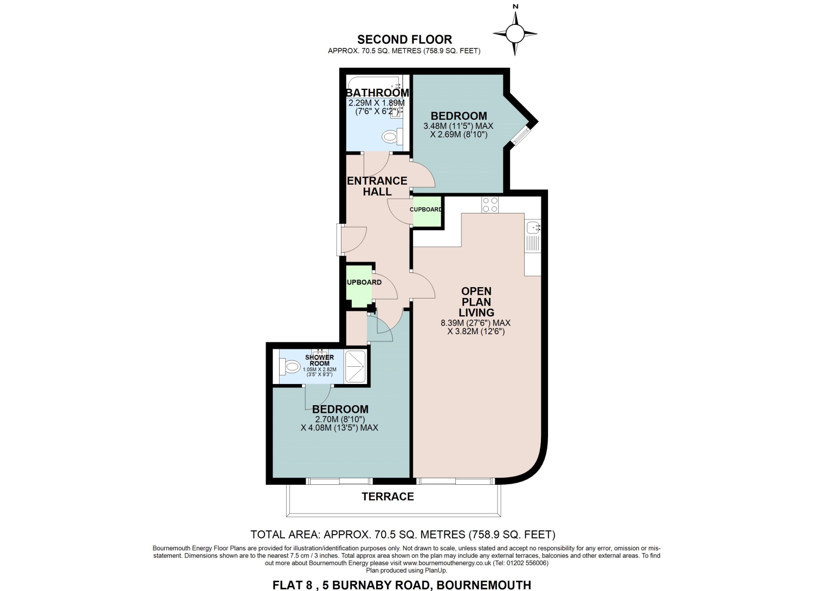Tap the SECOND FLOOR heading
click(x=404, y=39)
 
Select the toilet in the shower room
click(x=289, y=366)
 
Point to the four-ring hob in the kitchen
click(x=490, y=205)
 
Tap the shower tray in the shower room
click(x=355, y=366)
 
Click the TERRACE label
click(x=388, y=496)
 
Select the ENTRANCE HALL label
click(x=377, y=186)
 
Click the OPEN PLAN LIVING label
click(x=476, y=302)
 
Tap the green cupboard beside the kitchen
click(x=427, y=212)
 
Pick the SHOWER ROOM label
click(x=319, y=360)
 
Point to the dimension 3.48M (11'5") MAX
click(x=459, y=126)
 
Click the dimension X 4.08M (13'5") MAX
click(x=339, y=428)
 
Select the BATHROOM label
click(x=377, y=93)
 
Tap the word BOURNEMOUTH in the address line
click(x=484, y=585)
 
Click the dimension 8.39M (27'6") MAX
click(x=475, y=322)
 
